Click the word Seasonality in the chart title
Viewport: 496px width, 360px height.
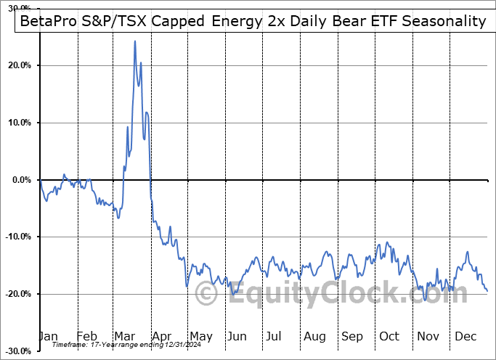click(442, 21)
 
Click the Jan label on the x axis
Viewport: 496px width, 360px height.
click(49, 337)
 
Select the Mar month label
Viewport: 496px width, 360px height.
click(125, 337)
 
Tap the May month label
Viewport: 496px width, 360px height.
click(201, 337)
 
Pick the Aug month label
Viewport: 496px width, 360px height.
click(314, 337)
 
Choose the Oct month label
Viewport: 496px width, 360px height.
click(389, 337)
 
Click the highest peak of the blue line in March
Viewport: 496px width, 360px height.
click(135, 41)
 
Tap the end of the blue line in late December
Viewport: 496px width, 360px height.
click(487, 291)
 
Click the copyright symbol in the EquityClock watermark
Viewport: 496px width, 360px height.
click(207, 294)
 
